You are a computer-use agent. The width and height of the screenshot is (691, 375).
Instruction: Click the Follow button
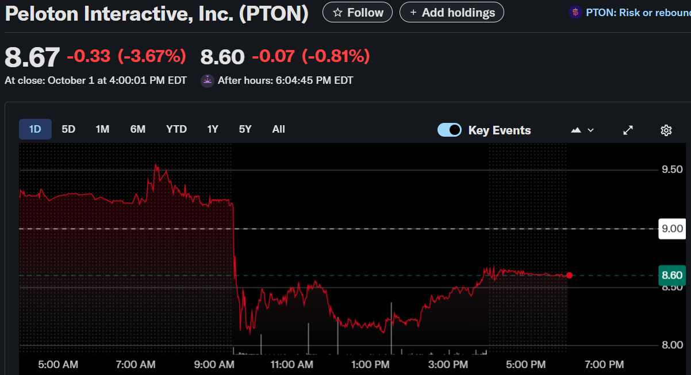coord(358,12)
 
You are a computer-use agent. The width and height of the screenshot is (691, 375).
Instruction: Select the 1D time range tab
coord(35,129)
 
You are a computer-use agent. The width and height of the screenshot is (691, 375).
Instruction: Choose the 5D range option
coord(68,129)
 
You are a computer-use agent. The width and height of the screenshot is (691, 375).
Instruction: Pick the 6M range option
coord(137,129)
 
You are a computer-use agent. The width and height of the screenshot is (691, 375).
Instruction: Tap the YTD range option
coord(176,129)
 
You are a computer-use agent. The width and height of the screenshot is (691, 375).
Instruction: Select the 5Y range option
coord(245,129)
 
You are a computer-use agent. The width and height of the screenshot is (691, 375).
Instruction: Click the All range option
coord(278,129)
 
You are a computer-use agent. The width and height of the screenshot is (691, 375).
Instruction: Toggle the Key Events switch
coord(450,130)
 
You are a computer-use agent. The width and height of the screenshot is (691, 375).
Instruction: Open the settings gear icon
coord(666,130)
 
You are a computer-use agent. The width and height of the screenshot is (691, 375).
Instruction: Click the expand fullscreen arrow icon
coord(628,130)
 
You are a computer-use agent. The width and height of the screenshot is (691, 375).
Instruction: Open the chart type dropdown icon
coord(582,130)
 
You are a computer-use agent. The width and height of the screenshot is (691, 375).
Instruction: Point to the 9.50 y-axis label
coord(672,169)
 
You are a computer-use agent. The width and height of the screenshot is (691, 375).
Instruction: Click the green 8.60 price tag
coord(672,275)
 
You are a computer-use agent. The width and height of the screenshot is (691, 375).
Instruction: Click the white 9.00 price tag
coord(672,229)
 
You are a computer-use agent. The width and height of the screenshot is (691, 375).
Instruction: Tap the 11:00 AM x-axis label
coord(291,364)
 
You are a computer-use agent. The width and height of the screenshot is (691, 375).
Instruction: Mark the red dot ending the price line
coord(569,276)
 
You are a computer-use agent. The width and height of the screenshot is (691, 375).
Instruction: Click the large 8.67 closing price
coord(32,57)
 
